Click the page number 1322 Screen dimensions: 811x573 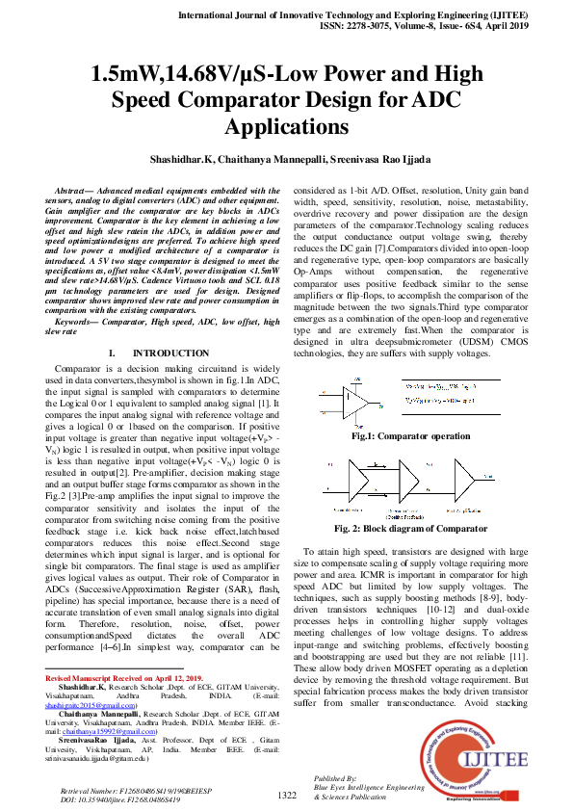coord(287,795)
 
